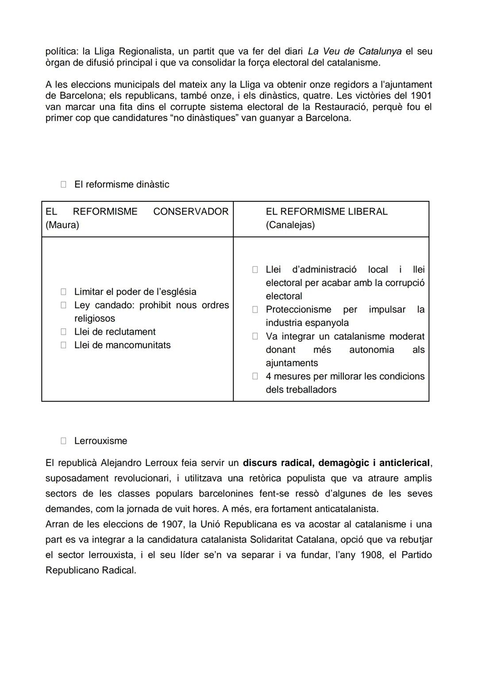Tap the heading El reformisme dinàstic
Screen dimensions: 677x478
tap(121, 184)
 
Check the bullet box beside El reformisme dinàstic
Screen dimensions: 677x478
tap(63, 184)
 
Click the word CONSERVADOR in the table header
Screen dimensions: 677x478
tap(191, 211)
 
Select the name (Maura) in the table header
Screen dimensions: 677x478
tap(62, 225)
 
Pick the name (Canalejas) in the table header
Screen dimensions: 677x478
tap(290, 225)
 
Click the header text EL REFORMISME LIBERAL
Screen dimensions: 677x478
tap(326, 211)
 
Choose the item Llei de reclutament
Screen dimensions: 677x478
tap(115, 332)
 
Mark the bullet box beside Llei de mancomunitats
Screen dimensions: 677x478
tap(63, 345)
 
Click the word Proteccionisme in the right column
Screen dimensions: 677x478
tap(298, 309)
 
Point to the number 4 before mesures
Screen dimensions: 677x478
tap(269, 376)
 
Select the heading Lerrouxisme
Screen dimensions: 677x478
tap(100, 441)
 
